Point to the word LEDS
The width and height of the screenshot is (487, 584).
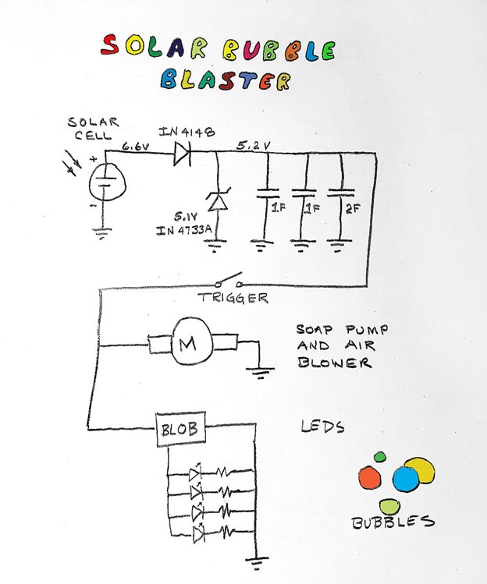(322, 427)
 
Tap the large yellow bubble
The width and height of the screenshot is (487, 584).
(419, 470)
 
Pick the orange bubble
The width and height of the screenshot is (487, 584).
(370, 476)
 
